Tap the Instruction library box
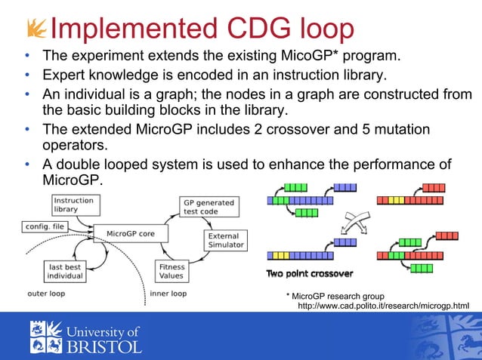click(x=73, y=205)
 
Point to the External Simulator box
click(x=225, y=240)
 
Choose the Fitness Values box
click(x=171, y=271)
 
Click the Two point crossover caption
click(x=309, y=272)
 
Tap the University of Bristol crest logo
click(x=47, y=336)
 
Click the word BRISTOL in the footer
click(x=105, y=346)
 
